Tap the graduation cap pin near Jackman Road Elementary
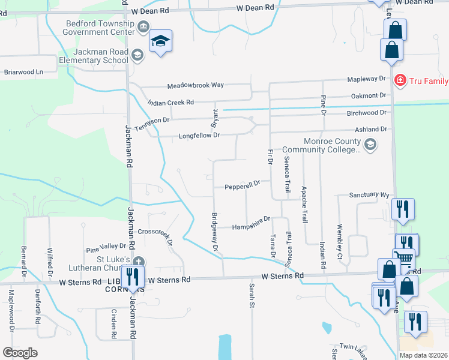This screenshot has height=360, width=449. point(160,41)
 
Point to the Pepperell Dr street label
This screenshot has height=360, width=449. point(243,186)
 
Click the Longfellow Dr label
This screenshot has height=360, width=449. point(199,136)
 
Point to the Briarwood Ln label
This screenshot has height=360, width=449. point(24,72)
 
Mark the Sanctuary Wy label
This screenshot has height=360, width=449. point(370,195)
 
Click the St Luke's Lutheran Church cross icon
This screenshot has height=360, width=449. point(139,262)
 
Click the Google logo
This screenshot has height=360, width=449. point(20,353)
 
